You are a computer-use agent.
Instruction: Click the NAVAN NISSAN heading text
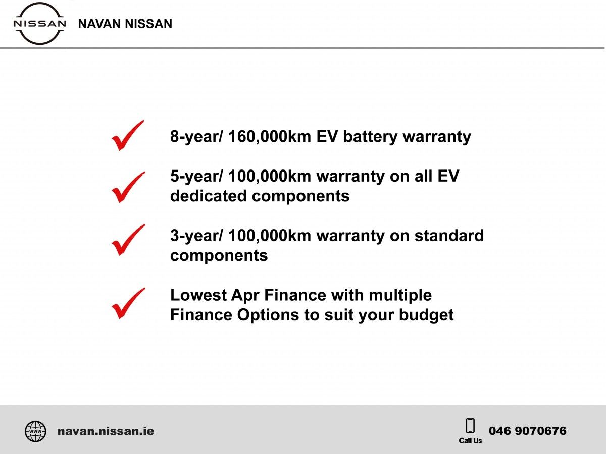[x=125, y=24]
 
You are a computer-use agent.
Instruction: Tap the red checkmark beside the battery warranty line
[x=128, y=135]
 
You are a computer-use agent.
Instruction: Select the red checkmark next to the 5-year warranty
[x=128, y=187]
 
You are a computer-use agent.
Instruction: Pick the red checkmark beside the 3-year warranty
[x=128, y=240]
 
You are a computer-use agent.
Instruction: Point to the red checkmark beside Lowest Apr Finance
[x=128, y=303]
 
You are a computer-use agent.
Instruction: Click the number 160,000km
[x=270, y=136]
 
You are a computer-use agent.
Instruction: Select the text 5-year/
[x=196, y=177]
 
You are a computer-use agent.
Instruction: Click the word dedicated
[x=209, y=196]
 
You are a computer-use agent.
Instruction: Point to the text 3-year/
[x=196, y=236]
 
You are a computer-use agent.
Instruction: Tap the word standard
[x=449, y=236]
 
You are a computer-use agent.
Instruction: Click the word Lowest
[x=198, y=295]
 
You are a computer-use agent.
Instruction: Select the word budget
[x=426, y=315]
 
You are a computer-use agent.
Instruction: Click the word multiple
[x=400, y=296]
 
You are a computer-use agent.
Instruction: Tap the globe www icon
[x=36, y=431]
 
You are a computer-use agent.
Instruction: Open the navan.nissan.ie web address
[x=106, y=431]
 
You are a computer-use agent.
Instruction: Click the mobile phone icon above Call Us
[x=470, y=426]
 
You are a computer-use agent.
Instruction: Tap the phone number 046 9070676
[x=528, y=431]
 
